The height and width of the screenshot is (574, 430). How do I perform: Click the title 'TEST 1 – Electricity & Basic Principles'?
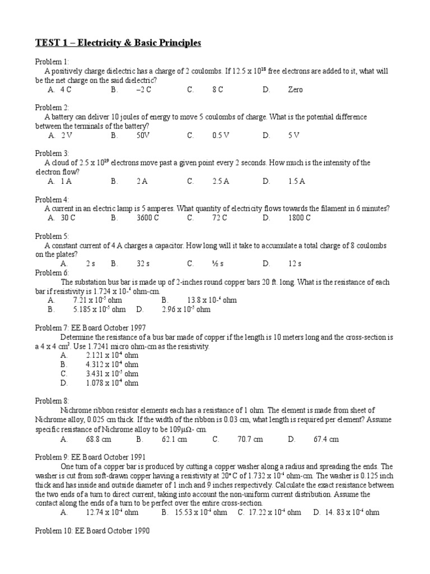[118, 43]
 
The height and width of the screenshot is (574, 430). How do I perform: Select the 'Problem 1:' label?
[52, 62]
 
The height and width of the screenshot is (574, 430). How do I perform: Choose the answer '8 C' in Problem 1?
[217, 90]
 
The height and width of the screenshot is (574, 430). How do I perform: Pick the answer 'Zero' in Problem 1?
[295, 90]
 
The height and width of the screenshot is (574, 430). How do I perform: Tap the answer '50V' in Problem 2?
[143, 135]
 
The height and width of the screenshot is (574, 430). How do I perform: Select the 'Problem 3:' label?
[52, 153]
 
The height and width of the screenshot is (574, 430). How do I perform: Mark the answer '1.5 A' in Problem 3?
[296, 181]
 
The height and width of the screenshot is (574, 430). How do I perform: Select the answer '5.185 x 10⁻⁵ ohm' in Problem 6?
[99, 309]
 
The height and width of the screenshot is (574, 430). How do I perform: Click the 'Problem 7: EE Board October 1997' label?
[93, 328]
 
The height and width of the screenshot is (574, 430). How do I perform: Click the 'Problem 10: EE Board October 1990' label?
[93, 530]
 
